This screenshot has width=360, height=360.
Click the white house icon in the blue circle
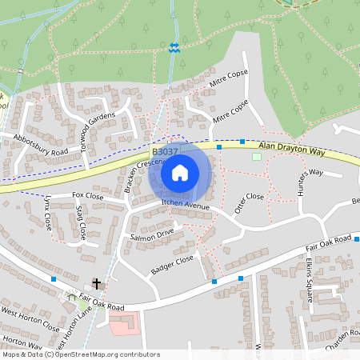click(x=180, y=172)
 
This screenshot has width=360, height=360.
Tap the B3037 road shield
click(x=165, y=150)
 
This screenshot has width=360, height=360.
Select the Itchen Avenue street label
click(x=185, y=206)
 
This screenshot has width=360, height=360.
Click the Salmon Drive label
click(x=151, y=234)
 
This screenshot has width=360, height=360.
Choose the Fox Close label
click(x=88, y=195)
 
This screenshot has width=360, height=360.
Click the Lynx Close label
click(x=47, y=211)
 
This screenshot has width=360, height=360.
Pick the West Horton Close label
click(x=30, y=319)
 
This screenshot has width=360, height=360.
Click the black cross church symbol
click(x=98, y=283)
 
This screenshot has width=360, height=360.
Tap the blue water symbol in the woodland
click(x=174, y=47)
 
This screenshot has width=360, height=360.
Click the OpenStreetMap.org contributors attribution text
click(x=104, y=354)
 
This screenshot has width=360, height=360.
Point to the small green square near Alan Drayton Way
click(x=257, y=157)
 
